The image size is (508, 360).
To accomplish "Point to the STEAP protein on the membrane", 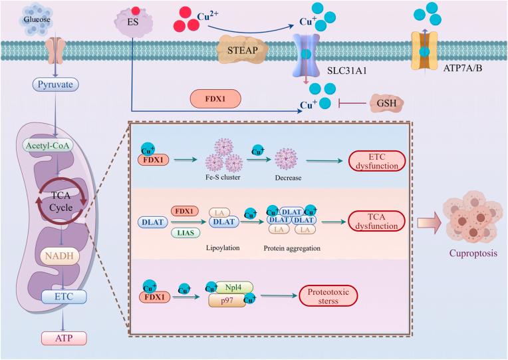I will [242, 50].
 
